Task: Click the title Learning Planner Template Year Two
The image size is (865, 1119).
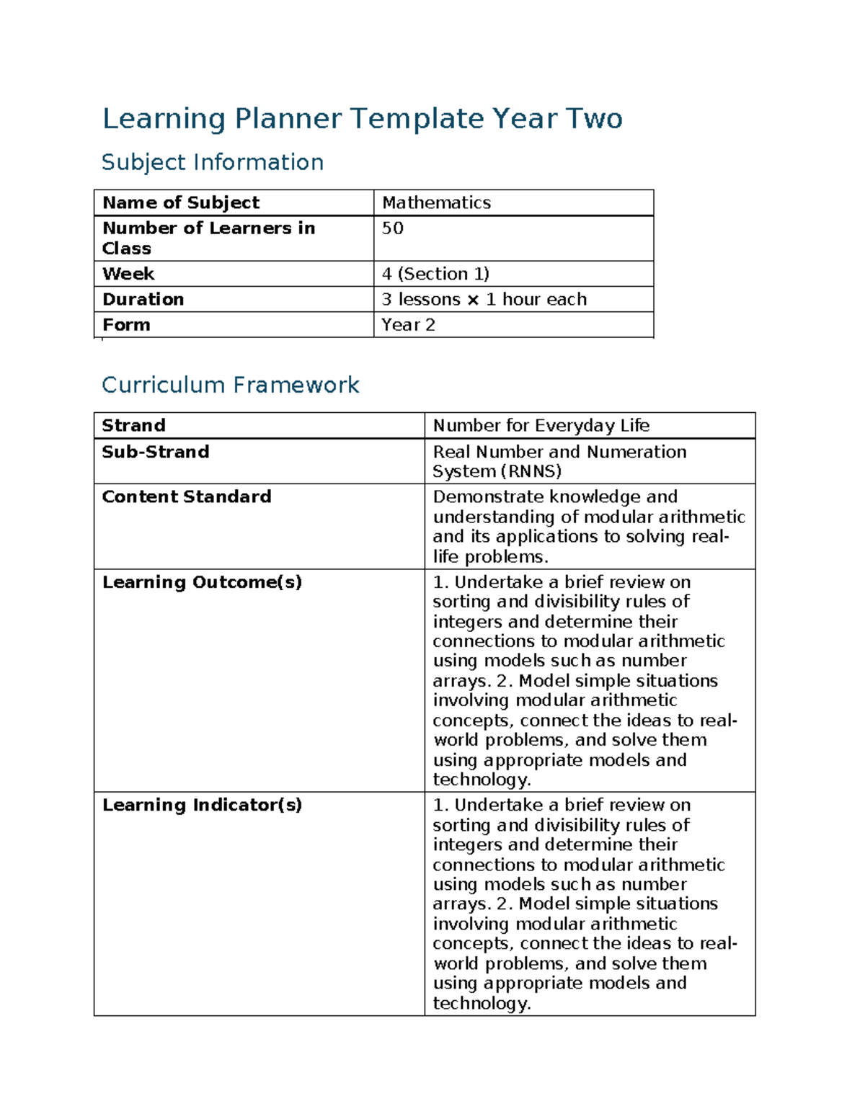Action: tap(362, 119)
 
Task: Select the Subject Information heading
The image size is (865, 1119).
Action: tap(212, 162)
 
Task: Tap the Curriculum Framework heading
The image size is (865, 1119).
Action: tap(230, 385)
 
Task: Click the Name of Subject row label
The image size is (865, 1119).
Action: tap(181, 202)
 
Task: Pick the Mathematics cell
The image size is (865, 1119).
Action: tap(436, 202)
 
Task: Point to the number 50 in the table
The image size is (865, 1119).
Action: tap(392, 228)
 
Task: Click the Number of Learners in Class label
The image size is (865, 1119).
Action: tap(208, 238)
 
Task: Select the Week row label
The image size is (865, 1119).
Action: tap(128, 274)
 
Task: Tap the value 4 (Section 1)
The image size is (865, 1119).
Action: tap(435, 274)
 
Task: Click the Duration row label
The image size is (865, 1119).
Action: tap(143, 299)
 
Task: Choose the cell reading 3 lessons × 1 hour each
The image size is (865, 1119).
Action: tap(484, 299)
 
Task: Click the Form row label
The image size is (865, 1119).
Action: tap(126, 325)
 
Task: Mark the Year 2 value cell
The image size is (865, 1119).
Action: tap(408, 325)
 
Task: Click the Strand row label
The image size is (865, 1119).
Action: tap(133, 425)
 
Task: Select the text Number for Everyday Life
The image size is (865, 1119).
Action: tap(541, 425)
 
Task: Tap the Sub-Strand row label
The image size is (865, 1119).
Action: tap(156, 452)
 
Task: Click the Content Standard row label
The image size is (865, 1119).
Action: tap(187, 496)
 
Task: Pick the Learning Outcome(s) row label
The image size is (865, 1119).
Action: tap(202, 582)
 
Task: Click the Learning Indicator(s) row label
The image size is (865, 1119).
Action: tap(202, 805)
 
